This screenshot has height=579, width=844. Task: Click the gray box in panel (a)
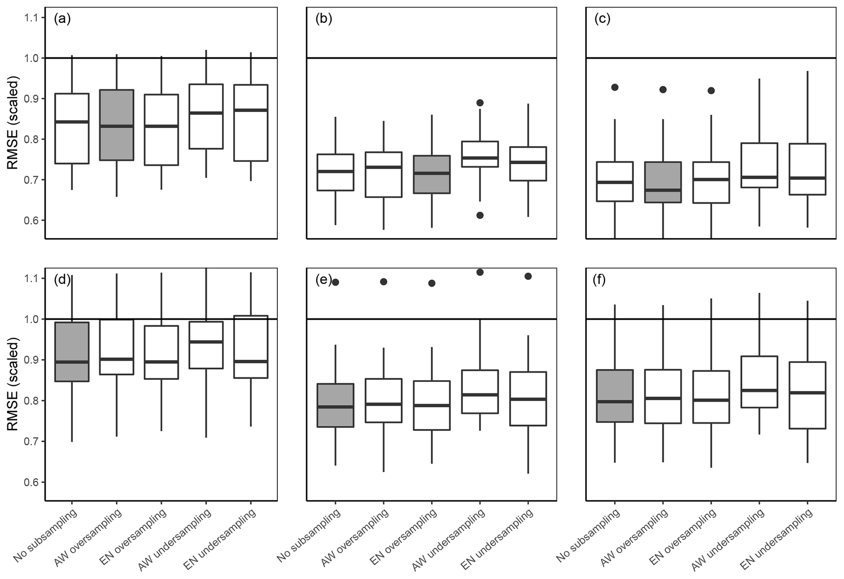coord(117,125)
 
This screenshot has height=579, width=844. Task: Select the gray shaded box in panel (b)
coord(432,174)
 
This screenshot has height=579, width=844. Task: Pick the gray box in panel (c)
coord(663,182)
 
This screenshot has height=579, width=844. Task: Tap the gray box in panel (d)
coord(72,352)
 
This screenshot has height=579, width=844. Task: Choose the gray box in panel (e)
coord(335,405)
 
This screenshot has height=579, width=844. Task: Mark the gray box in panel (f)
coord(615,396)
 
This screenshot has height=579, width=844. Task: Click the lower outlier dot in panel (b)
coord(480,215)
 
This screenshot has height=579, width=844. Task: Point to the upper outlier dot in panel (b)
coord(480,103)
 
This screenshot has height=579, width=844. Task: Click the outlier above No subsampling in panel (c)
coord(615,87)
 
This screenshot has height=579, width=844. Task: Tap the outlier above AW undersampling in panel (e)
coord(480,272)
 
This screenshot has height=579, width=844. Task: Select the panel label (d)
coord(62,281)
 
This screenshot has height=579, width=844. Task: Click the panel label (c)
coord(602,19)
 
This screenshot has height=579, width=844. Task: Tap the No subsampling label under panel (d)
coord(46,535)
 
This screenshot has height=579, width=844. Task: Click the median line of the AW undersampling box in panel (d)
coord(206,342)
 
